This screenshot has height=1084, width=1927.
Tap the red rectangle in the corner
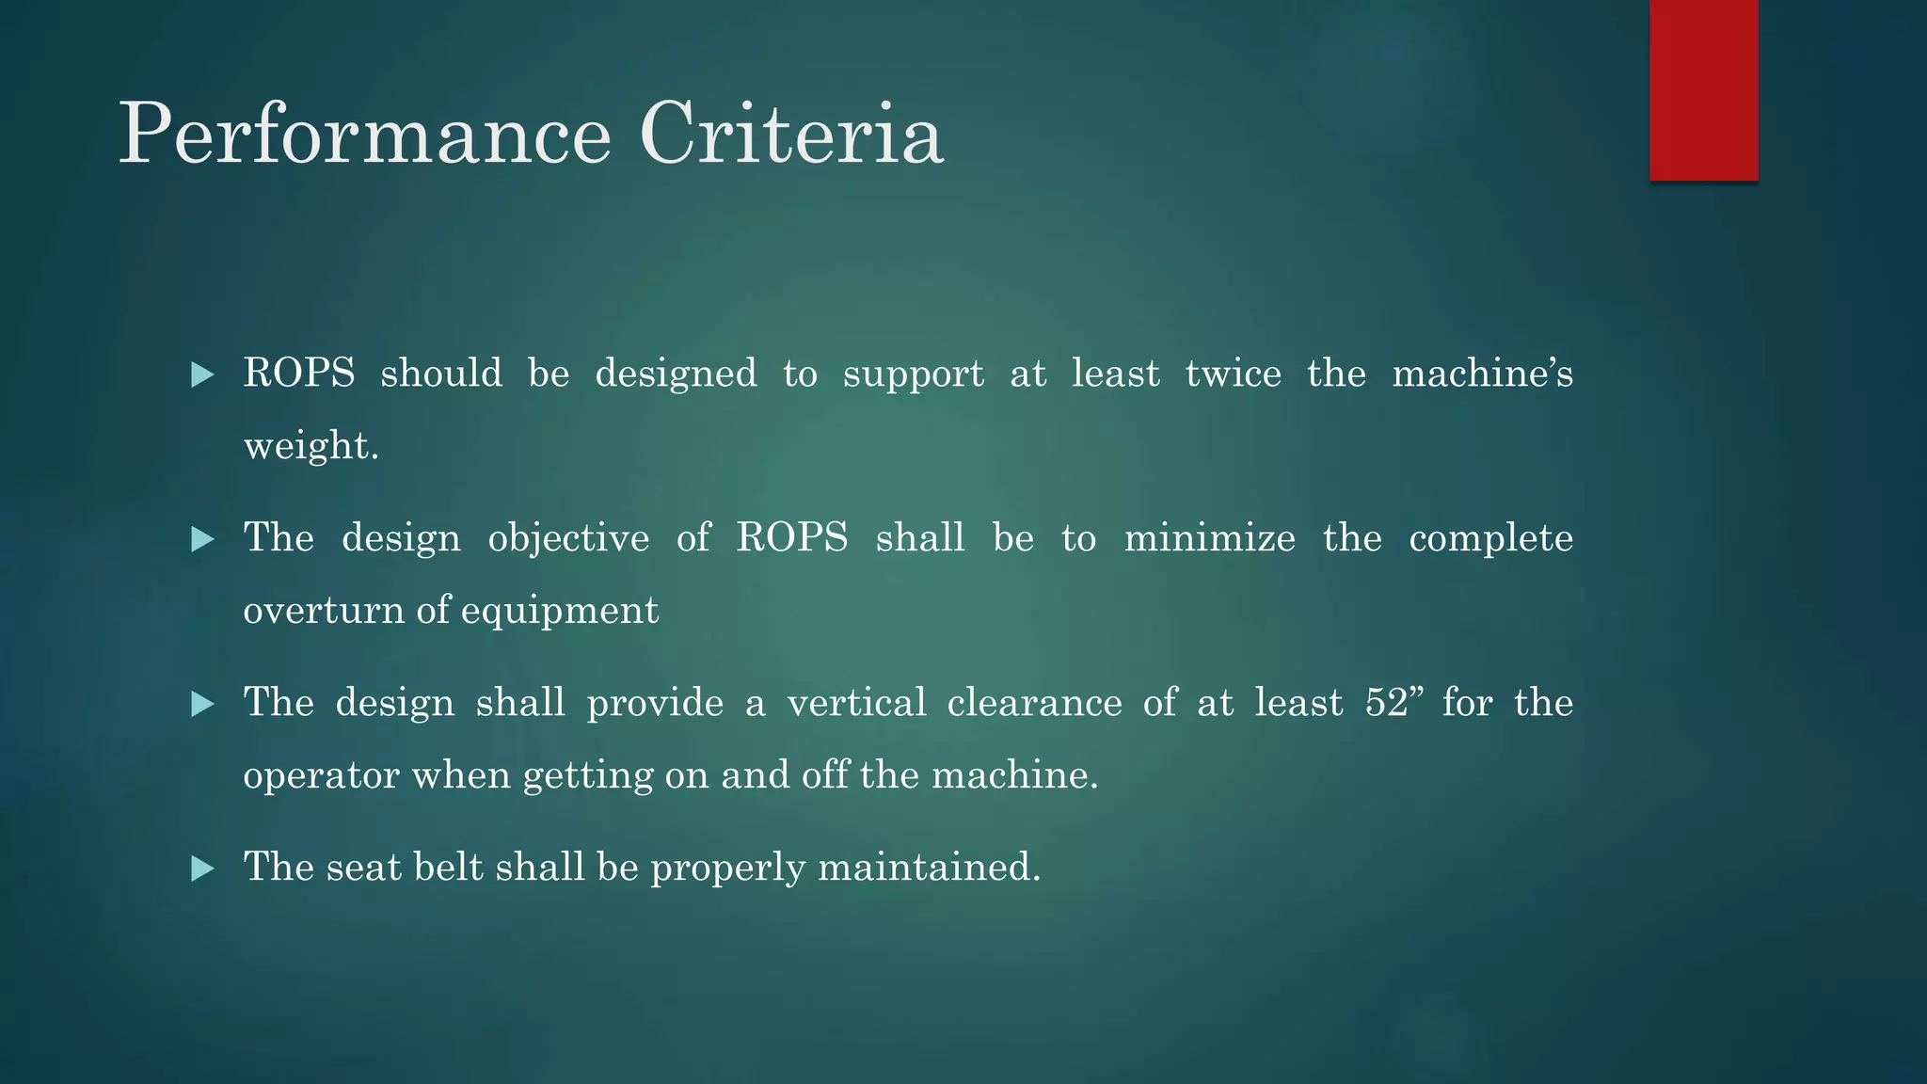tap(1703, 89)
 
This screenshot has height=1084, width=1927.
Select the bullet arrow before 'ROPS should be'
tap(202, 375)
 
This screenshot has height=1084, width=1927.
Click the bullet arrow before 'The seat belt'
tap(202, 869)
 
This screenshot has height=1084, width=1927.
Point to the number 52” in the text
tap(1393, 703)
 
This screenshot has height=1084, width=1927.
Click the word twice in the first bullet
tap(1233, 374)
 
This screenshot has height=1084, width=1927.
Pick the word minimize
tap(1209, 538)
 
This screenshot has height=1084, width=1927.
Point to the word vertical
tap(856, 703)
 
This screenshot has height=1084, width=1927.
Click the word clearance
tap(1034, 703)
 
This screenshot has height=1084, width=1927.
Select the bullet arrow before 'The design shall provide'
tap(202, 704)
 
